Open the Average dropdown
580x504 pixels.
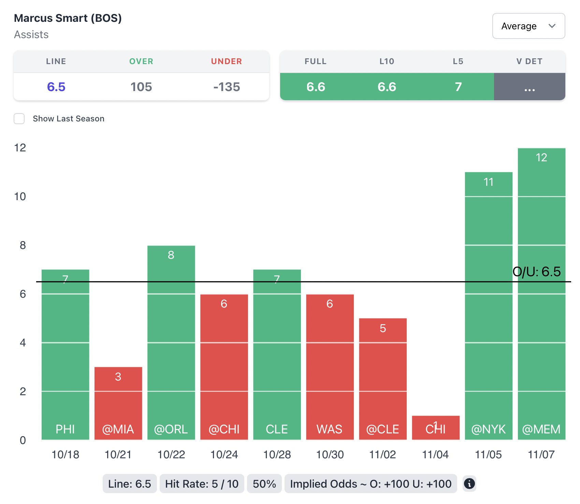coord(528,26)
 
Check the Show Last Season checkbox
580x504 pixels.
coord(19,119)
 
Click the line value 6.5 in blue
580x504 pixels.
coord(56,87)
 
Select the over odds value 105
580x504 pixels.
coord(141,87)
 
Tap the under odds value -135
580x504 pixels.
coord(227,87)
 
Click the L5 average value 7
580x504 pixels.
coord(458,87)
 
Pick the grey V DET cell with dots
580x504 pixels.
coord(529,87)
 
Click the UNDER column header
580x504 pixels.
coord(226,61)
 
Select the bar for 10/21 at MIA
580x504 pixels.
coord(118,402)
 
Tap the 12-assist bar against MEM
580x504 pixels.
coord(541,293)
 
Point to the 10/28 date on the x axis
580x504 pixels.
coord(277,455)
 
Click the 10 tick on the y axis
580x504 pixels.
coord(20,196)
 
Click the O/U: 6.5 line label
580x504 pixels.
coord(536,272)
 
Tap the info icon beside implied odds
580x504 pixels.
coord(469,484)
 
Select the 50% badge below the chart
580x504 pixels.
coord(264,484)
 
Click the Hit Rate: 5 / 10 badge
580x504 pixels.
coord(202,484)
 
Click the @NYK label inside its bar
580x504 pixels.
coord(488,429)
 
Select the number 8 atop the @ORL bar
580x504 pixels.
coord(171,255)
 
